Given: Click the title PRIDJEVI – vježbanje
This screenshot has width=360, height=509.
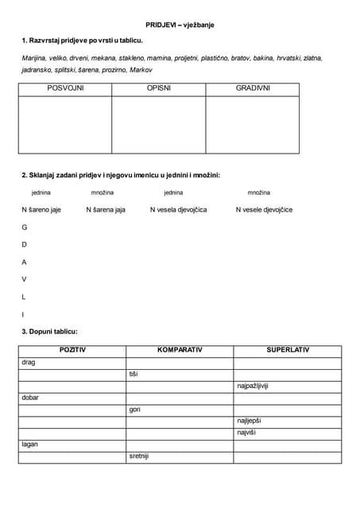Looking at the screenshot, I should [x=180, y=25].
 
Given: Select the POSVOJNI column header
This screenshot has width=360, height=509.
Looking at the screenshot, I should [x=64, y=88].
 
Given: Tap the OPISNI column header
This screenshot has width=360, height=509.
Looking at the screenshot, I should [x=158, y=88].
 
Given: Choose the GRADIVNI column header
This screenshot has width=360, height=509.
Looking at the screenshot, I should [x=253, y=88].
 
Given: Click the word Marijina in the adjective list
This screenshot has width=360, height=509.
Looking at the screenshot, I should [x=35, y=57].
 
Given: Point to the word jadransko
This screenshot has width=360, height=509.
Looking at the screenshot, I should [x=38, y=70].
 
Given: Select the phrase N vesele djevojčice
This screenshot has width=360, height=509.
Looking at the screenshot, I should [x=264, y=210].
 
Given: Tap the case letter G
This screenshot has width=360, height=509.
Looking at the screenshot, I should [x=24, y=227].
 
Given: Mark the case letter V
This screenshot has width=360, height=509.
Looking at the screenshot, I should [x=24, y=279].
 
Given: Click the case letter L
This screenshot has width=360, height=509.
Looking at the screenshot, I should [x=24, y=297].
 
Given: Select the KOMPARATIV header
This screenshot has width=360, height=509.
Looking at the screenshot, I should [x=179, y=350].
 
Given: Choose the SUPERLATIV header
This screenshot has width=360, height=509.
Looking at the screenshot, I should [x=287, y=350].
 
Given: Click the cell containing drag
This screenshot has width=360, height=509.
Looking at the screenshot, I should [x=29, y=362].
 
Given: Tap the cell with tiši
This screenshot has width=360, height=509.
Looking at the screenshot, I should [x=133, y=374].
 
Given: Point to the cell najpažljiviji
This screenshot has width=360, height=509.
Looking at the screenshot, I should [x=253, y=386].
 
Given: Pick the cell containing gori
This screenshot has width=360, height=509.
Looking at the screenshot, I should [x=134, y=409].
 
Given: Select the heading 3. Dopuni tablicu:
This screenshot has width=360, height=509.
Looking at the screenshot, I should [x=49, y=331].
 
